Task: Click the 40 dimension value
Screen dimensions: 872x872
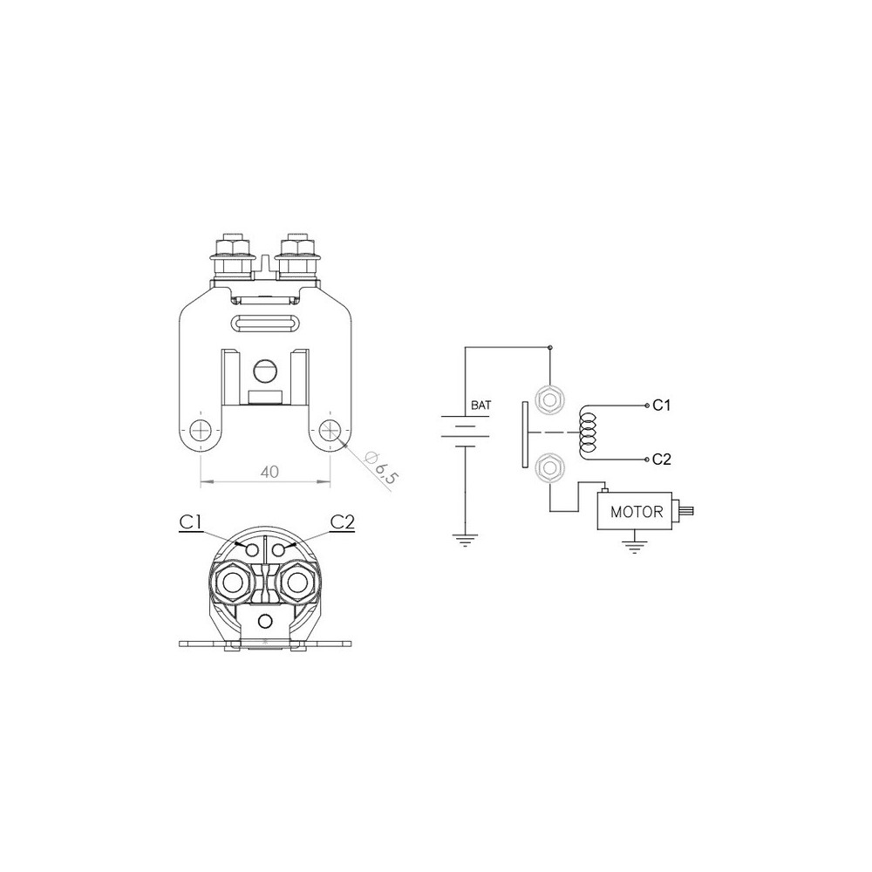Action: coord(269,472)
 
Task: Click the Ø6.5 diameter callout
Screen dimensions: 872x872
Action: coord(381,469)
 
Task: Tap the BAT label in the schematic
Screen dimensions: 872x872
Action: coord(481,405)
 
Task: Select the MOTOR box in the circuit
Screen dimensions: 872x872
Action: coord(634,511)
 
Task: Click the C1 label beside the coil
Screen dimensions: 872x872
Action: coord(661,405)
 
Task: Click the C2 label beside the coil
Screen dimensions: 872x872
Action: coord(661,460)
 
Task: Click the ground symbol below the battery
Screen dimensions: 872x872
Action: coord(465,540)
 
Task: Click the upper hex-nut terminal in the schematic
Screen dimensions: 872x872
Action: coord(549,399)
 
